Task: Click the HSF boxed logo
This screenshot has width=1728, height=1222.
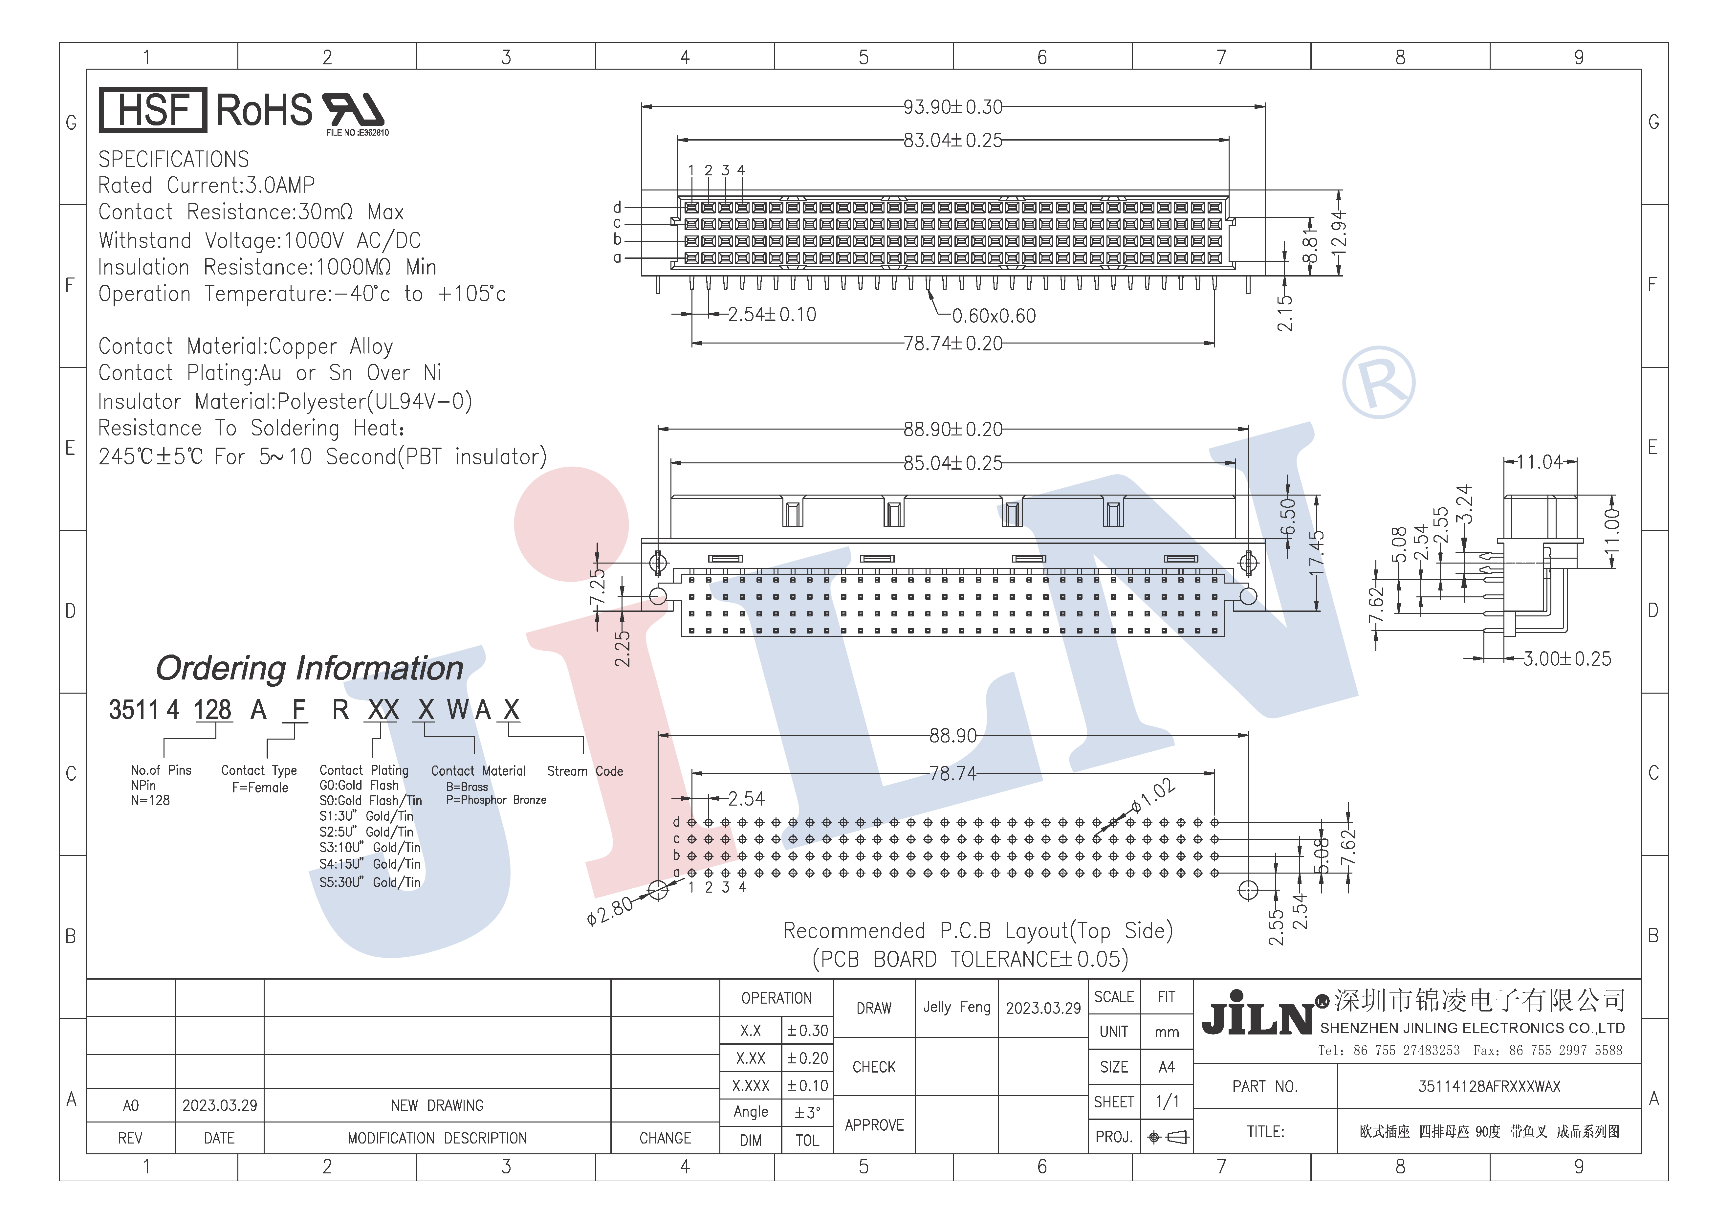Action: coord(153,110)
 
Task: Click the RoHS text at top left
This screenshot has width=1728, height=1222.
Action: coord(264,110)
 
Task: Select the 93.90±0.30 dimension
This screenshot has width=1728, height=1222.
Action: coord(953,107)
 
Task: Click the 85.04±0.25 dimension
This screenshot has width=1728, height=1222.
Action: coord(953,463)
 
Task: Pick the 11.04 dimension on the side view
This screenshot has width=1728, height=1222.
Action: coord(1539,461)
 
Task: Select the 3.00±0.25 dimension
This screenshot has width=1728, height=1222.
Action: coord(1567,659)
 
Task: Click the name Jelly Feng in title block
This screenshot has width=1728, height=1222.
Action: coord(956,1008)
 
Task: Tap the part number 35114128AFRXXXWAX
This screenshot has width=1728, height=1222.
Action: coord(1489,1086)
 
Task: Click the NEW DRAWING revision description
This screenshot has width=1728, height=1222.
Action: coord(437,1105)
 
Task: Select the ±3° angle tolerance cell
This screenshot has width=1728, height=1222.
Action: coord(807,1112)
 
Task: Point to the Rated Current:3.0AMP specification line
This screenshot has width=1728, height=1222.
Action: coord(207,185)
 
